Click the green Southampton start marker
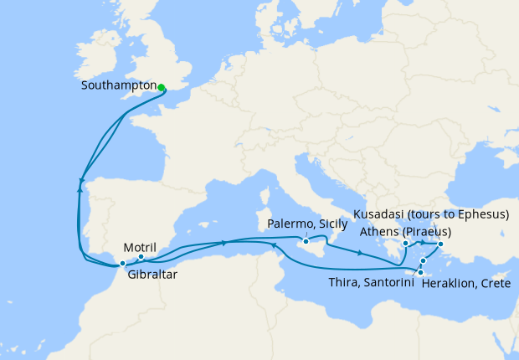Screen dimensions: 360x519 161,85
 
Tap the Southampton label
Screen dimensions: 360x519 120,86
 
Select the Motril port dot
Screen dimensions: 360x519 141,257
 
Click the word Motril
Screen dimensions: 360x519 139,247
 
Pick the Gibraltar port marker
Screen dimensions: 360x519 122,264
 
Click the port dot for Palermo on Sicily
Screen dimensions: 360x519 307,242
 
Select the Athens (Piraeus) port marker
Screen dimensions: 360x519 405,244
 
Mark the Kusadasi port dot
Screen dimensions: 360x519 440,244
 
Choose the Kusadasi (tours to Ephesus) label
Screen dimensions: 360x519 431,215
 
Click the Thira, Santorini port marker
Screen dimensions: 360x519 424,261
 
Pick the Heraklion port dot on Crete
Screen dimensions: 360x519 419,272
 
